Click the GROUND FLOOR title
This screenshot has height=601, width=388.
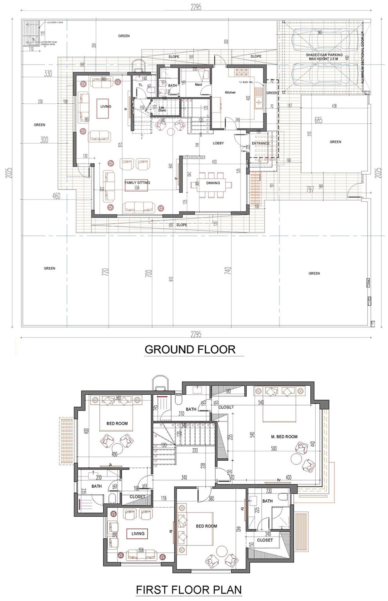point(190,349)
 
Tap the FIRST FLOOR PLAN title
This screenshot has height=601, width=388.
point(189,589)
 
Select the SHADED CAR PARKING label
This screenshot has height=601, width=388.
point(324,57)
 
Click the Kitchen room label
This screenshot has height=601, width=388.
point(230,93)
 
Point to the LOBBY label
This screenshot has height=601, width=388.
point(218,143)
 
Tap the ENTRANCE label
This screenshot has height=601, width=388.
point(260,144)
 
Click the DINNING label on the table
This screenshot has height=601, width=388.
point(213,183)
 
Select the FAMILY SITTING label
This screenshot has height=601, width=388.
point(137,183)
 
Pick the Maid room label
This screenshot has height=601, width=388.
point(198,85)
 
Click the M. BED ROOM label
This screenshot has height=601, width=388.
point(284,437)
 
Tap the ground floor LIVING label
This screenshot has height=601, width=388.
point(106,107)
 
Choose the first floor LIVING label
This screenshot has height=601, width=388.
point(138,534)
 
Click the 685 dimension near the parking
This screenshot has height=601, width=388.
point(318,121)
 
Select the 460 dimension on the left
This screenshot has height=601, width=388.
point(56,196)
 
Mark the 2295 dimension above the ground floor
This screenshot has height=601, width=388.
point(196,7)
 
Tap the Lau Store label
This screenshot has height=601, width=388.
point(162,109)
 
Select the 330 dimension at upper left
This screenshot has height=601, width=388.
point(48,74)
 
